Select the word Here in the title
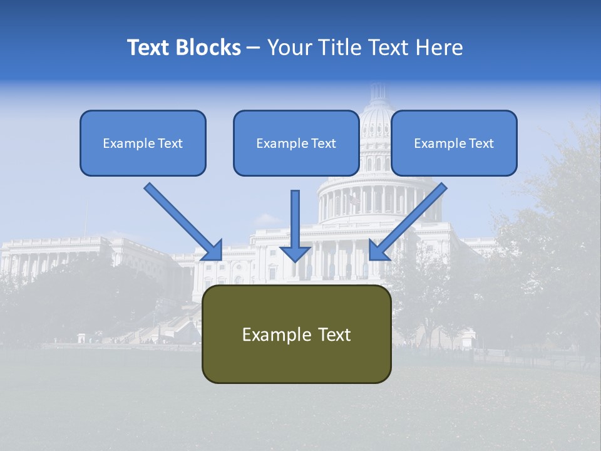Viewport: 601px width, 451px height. click(x=438, y=48)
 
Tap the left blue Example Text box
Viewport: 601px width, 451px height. click(x=143, y=143)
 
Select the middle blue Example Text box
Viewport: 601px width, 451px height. click(x=296, y=143)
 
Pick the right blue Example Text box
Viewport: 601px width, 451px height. click(x=454, y=143)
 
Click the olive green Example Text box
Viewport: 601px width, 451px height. click(x=296, y=334)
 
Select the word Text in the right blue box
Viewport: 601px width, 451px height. click(x=481, y=143)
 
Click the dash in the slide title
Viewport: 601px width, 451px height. click(x=254, y=48)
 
